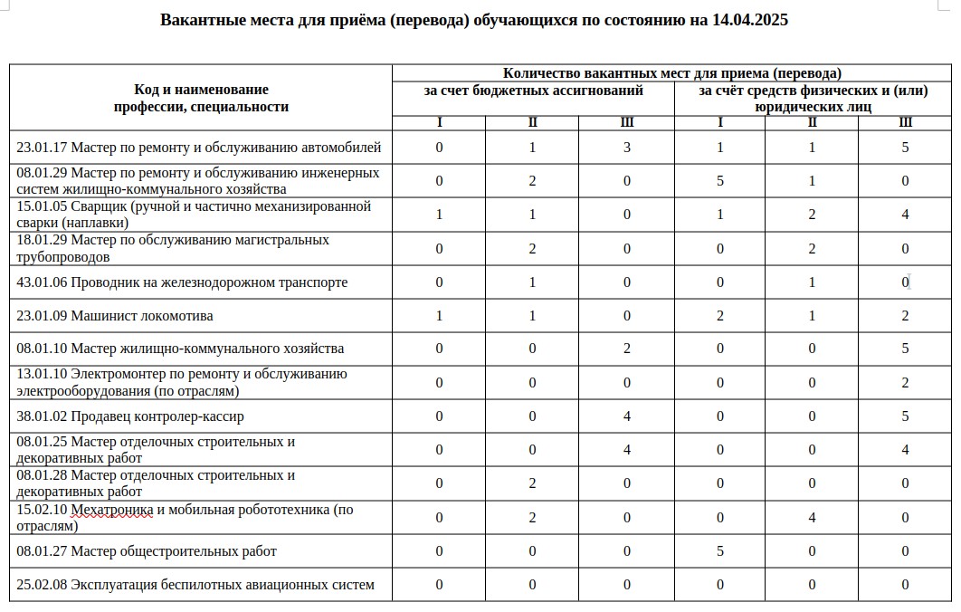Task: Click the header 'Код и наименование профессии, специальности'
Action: (x=201, y=98)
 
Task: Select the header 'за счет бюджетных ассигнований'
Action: (x=534, y=91)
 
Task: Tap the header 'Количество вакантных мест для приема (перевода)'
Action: (x=672, y=72)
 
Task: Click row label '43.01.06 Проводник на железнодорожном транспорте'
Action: (x=182, y=282)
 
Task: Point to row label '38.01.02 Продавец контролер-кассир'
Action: (x=130, y=416)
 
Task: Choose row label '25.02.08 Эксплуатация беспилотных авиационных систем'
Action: (x=195, y=584)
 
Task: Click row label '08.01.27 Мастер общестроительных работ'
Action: (x=147, y=550)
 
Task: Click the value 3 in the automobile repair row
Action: (x=627, y=148)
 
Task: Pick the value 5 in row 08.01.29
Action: (x=720, y=181)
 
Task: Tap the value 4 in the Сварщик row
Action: (x=906, y=215)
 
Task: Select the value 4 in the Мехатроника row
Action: (x=813, y=518)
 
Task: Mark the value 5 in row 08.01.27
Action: (x=720, y=550)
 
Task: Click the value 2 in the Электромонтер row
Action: (x=906, y=383)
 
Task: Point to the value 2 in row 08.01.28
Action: (x=533, y=483)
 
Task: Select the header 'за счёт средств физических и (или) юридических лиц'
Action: (x=813, y=98)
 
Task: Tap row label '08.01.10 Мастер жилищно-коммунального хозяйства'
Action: (x=180, y=349)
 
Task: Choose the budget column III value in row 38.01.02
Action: (x=627, y=416)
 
